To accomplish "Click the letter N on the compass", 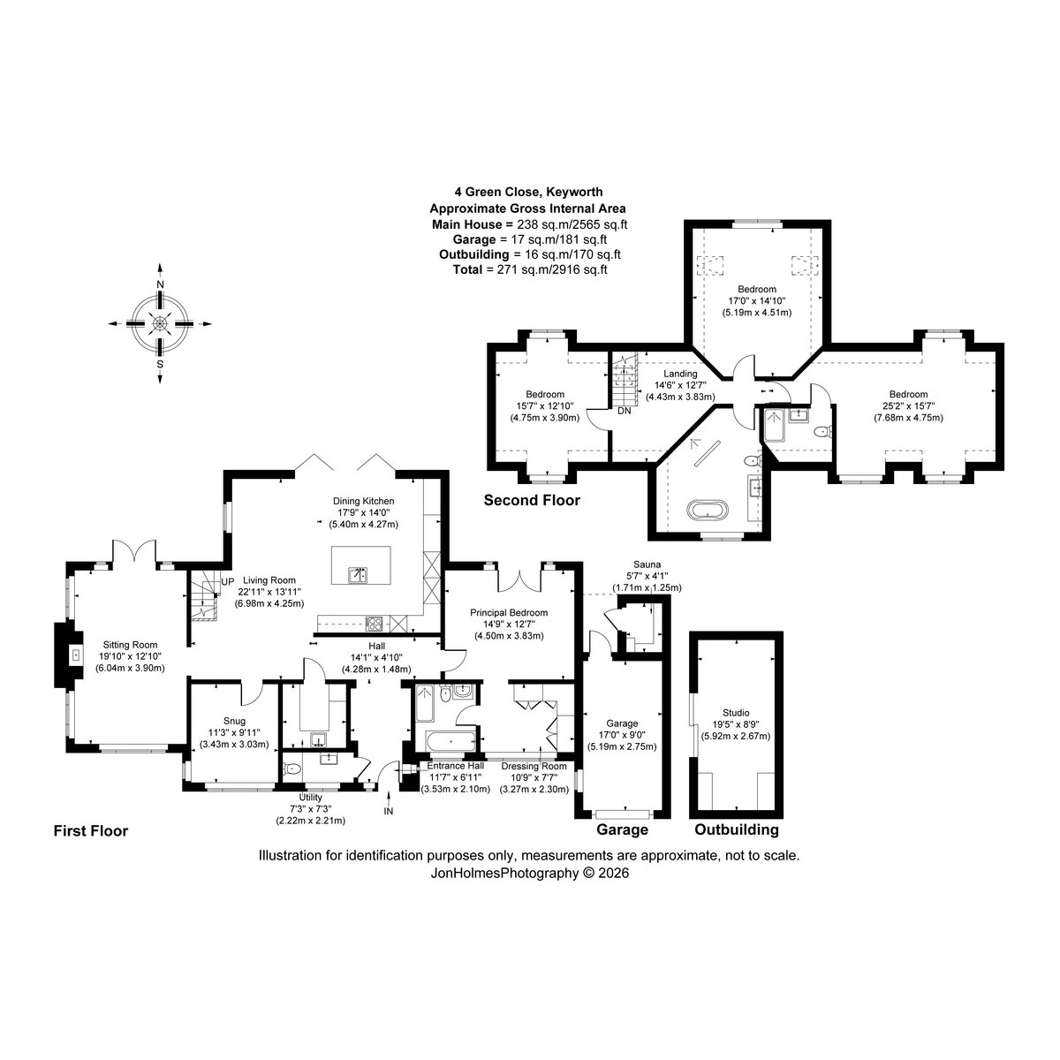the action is coord(160,284).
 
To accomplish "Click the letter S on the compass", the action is coord(160,364).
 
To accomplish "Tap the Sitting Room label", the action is coord(131,644).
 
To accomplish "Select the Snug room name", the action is coord(234,721).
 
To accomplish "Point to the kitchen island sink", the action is coord(359,575).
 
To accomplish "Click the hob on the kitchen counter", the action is coord(375,624).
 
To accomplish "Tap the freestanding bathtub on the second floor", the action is coord(709,510).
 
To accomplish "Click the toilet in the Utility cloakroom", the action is coord(291,769).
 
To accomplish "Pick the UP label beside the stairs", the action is coord(228,581).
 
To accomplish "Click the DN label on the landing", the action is coord(624,411).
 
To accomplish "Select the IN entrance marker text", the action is coord(389,811).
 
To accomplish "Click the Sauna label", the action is coord(647,564).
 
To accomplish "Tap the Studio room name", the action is coord(736,713).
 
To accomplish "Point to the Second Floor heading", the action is coord(532,500).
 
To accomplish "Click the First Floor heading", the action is coord(91,830).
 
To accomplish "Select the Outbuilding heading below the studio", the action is coord(737,829).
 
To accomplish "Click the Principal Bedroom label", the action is coord(509,612).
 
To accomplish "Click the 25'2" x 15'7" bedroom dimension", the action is coord(909,406).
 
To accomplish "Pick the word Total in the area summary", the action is coord(466,269).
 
